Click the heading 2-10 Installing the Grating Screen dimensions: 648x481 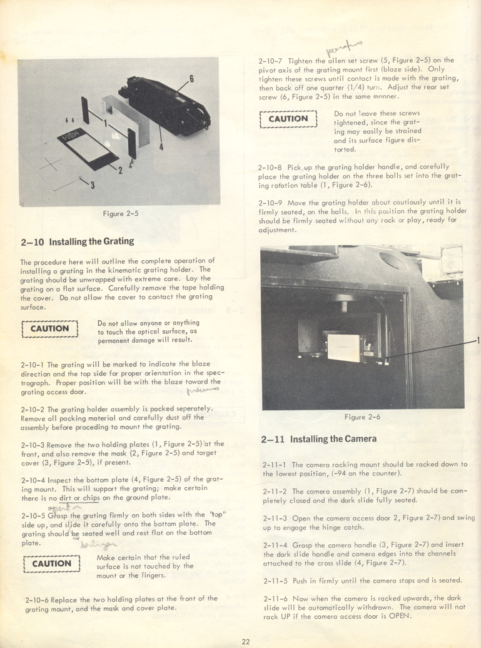[77, 241]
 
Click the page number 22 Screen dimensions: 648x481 [246, 640]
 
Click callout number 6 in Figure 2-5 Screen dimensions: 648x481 [191, 79]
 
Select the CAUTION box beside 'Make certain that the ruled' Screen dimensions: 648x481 [52, 564]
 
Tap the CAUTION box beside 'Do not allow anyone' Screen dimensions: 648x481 [49, 328]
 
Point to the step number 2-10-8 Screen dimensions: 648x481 [270, 167]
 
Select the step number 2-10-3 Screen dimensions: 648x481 [33, 444]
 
